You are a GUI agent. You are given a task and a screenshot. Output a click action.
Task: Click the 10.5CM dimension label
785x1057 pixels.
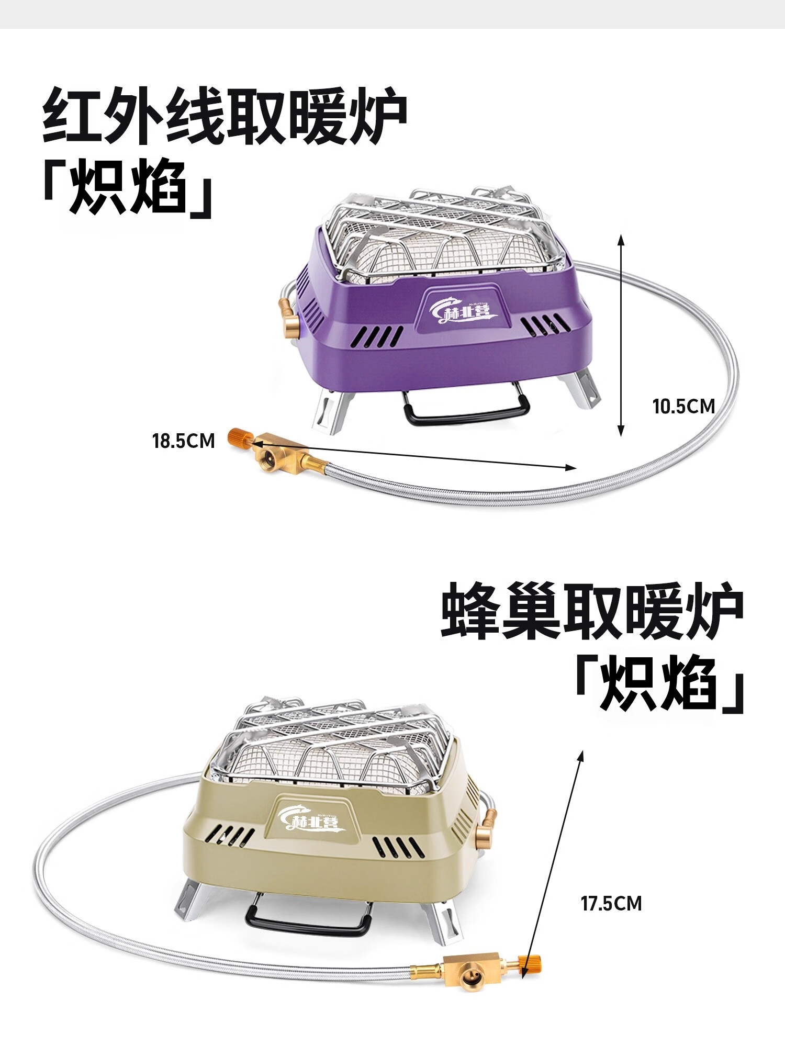pyautogui.click(x=683, y=407)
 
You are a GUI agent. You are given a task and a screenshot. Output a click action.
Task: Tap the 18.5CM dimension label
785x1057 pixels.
pyautogui.click(x=184, y=441)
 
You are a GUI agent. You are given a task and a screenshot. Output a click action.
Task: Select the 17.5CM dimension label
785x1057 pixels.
pyautogui.click(x=611, y=903)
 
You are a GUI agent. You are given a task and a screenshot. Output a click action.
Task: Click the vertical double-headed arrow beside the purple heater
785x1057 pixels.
pyautogui.click(x=621, y=335)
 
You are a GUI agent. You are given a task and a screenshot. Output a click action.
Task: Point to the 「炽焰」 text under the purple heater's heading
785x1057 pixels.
pyautogui.click(x=128, y=188)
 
